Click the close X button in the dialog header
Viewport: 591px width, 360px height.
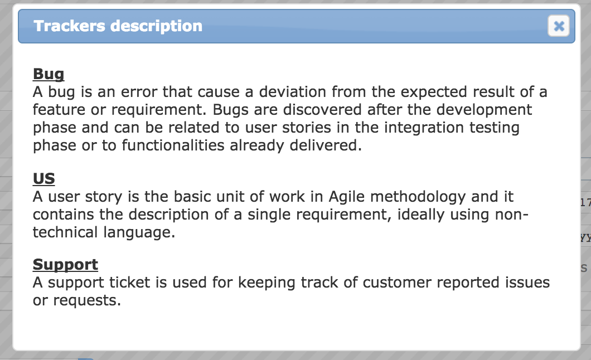click(x=559, y=26)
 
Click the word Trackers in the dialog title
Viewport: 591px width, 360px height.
click(x=69, y=26)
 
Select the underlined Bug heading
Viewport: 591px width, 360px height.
click(x=49, y=74)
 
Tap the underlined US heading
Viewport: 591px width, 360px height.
click(x=43, y=178)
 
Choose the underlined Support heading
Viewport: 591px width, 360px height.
click(x=66, y=265)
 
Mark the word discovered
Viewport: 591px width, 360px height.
click(x=322, y=110)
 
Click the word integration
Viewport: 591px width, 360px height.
click(x=424, y=128)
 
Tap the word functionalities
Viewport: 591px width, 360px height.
click(x=173, y=145)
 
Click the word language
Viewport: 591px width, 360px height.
click(x=137, y=232)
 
